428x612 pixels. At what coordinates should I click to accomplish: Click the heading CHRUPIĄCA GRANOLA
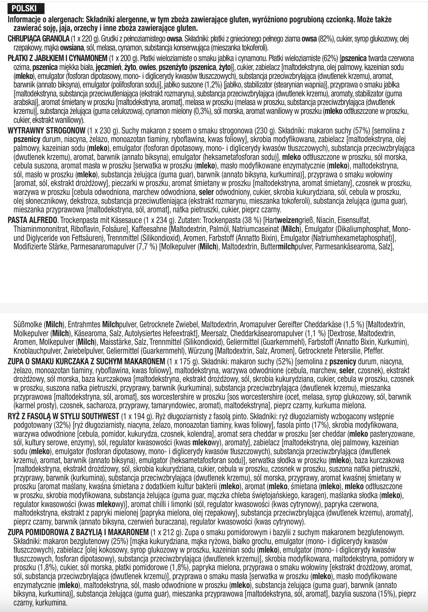[38, 39]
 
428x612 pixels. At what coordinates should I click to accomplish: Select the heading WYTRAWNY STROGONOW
[46, 131]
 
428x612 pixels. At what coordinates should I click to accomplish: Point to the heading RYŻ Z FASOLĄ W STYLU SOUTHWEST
[63, 416]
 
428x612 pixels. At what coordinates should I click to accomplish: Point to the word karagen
[315, 495]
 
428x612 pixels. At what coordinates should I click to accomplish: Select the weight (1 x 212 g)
[166, 532]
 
